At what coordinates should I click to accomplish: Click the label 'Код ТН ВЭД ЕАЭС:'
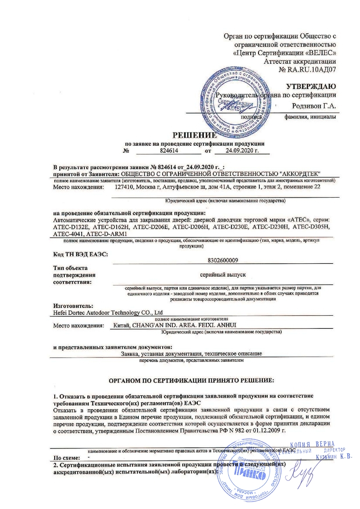click(x=80, y=254)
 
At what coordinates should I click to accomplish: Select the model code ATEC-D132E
click(x=70, y=227)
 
